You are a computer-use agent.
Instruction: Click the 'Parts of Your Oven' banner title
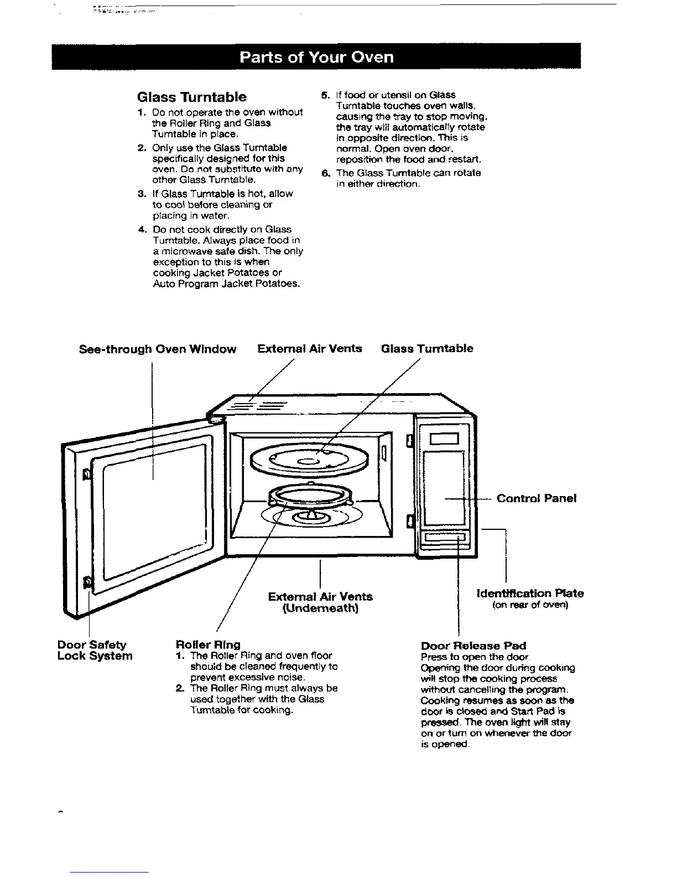[x=316, y=57]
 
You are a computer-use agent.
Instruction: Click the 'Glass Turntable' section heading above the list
[x=191, y=97]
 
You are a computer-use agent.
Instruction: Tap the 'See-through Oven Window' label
[x=158, y=349]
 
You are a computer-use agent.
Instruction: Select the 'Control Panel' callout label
[x=537, y=498]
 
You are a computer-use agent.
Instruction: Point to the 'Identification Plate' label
[x=530, y=594]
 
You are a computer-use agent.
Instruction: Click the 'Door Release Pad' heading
[x=473, y=646]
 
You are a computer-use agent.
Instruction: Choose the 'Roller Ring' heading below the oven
[x=207, y=644]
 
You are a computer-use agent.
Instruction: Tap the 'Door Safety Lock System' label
[x=95, y=651]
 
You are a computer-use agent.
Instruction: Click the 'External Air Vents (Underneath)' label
[x=320, y=602]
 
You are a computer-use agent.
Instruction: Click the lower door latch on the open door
[x=87, y=582]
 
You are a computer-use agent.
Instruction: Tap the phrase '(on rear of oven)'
[x=530, y=605]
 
